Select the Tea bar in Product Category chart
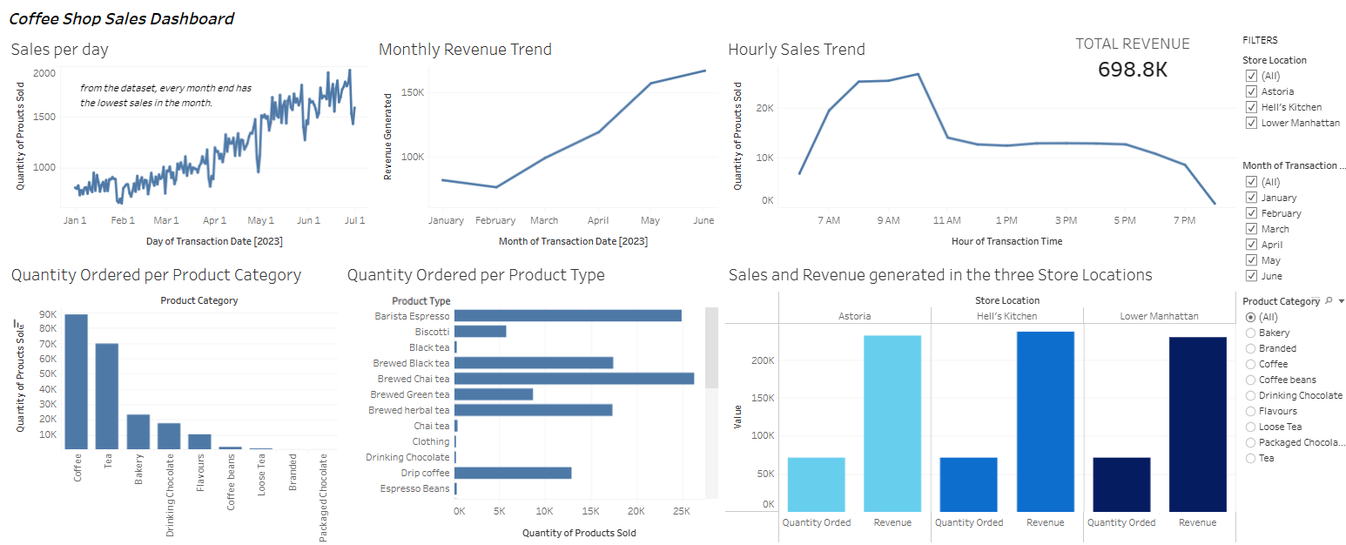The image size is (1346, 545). coord(106,397)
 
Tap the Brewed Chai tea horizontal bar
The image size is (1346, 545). coord(574,379)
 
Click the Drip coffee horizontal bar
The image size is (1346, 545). coord(513,473)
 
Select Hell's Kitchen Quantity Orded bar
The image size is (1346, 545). coord(968,484)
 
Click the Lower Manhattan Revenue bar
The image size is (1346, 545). coord(1197,425)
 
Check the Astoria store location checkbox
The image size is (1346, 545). coord(1251,91)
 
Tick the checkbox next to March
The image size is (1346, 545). coord(1251,229)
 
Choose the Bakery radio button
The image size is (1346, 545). coord(1251,333)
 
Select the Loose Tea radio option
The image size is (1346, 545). coord(1251,427)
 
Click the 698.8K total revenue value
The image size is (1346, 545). coord(1132,70)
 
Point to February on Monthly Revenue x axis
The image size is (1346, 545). coord(495,220)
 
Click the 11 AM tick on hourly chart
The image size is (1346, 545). coord(946,220)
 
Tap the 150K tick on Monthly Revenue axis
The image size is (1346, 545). coord(411,92)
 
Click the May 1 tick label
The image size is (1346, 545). coord(260,220)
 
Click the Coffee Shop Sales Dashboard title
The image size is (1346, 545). coord(121,18)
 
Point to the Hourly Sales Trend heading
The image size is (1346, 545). coord(796,50)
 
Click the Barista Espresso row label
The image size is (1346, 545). coord(412,316)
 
